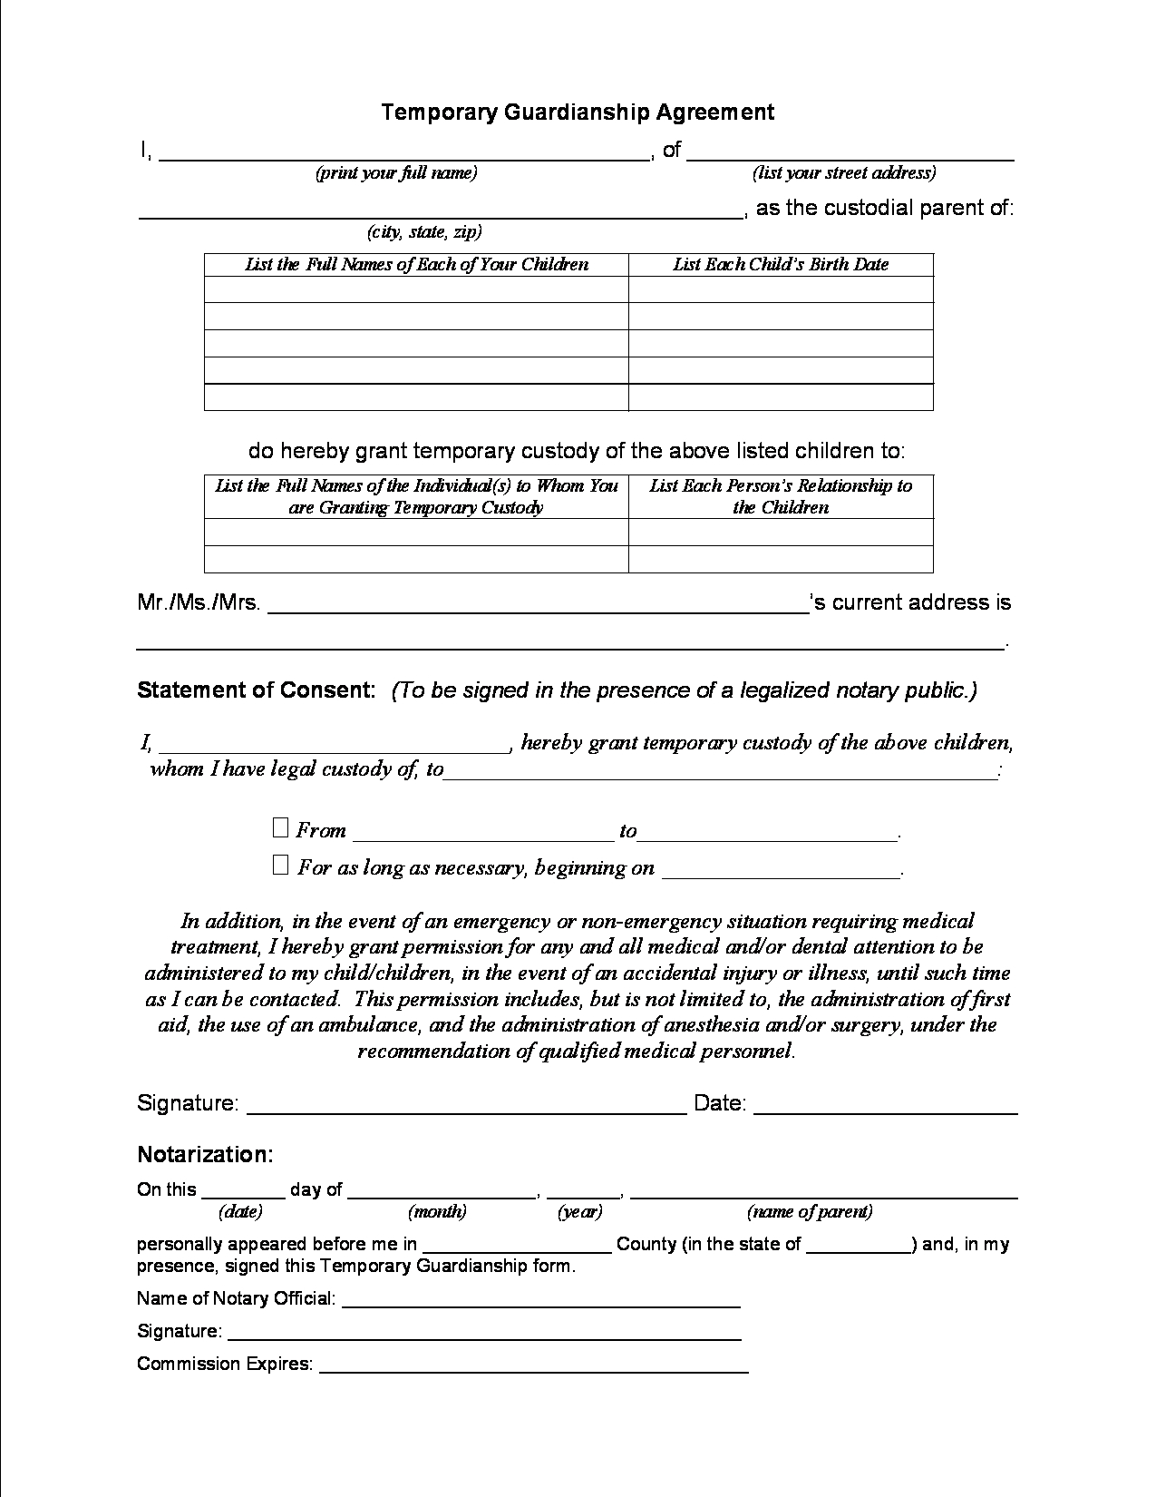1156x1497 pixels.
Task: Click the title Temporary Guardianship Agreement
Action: tap(578, 112)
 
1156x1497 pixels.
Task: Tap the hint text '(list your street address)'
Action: tap(843, 172)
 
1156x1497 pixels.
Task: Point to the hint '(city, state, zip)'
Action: tap(424, 231)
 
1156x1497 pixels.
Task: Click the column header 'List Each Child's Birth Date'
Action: tap(780, 264)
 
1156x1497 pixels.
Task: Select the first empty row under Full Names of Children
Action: tap(416, 289)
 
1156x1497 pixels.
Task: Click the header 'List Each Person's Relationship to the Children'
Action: tap(780, 496)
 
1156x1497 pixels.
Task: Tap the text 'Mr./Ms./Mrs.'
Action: tap(199, 602)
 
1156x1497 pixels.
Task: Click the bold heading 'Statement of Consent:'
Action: tap(256, 690)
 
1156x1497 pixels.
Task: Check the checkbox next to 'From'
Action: tap(280, 827)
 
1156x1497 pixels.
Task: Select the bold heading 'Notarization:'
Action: tap(205, 1154)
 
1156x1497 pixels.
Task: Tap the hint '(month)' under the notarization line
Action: tap(437, 1211)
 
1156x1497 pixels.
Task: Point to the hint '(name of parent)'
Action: tap(810, 1211)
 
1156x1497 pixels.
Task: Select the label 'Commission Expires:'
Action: tap(224, 1364)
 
